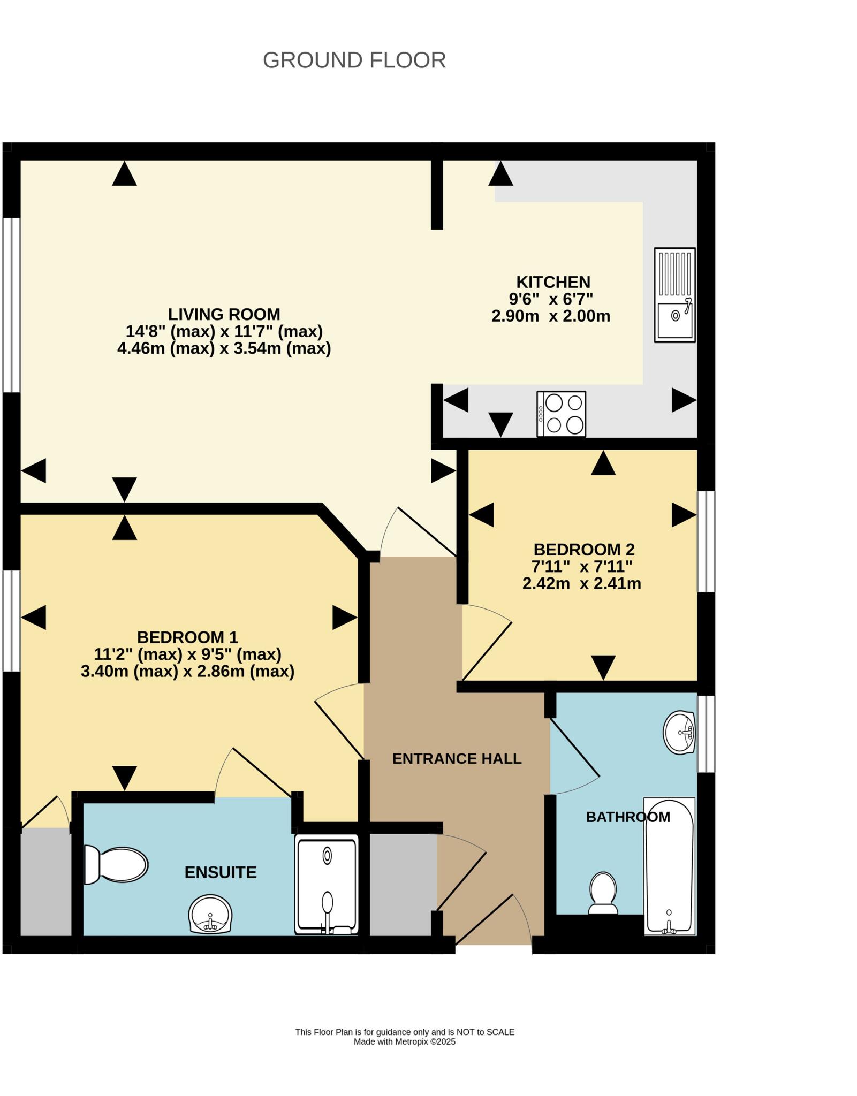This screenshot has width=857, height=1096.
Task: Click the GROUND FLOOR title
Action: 354,60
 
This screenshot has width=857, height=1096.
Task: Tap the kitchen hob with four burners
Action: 561,414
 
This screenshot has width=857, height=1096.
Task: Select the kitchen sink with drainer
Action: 674,295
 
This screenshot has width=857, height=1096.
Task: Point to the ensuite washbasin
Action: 210,914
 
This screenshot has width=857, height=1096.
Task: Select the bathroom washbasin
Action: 679,733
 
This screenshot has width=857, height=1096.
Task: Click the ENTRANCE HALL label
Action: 457,758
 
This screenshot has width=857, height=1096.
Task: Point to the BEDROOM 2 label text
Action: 584,549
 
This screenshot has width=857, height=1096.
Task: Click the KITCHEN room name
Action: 553,282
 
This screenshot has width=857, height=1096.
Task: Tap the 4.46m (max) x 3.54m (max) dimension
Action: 224,348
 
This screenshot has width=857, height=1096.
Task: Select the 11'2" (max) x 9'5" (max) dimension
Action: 187,654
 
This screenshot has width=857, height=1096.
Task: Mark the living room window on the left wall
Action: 11,305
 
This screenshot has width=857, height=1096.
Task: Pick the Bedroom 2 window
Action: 706,541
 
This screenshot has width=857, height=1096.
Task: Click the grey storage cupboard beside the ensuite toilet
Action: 46,882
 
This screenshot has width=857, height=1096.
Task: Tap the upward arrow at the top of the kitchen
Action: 500,174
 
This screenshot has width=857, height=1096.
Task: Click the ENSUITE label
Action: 221,872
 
